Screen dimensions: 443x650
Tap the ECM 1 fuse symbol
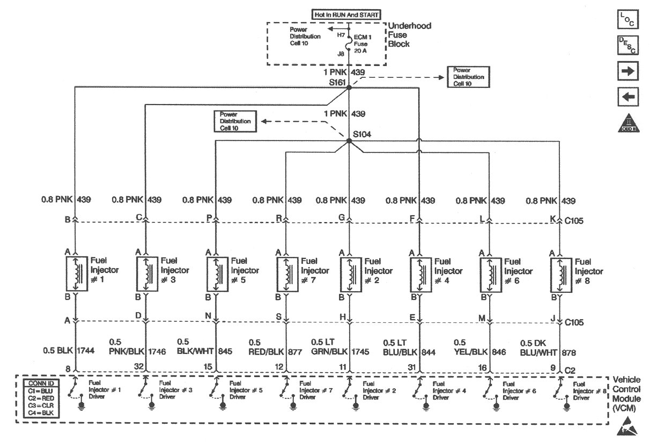point(349,44)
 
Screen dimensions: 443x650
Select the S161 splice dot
point(349,87)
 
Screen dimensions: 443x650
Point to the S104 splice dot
point(349,141)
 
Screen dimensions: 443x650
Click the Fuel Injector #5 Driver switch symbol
point(216,388)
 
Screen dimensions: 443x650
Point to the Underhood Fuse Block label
point(409,35)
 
